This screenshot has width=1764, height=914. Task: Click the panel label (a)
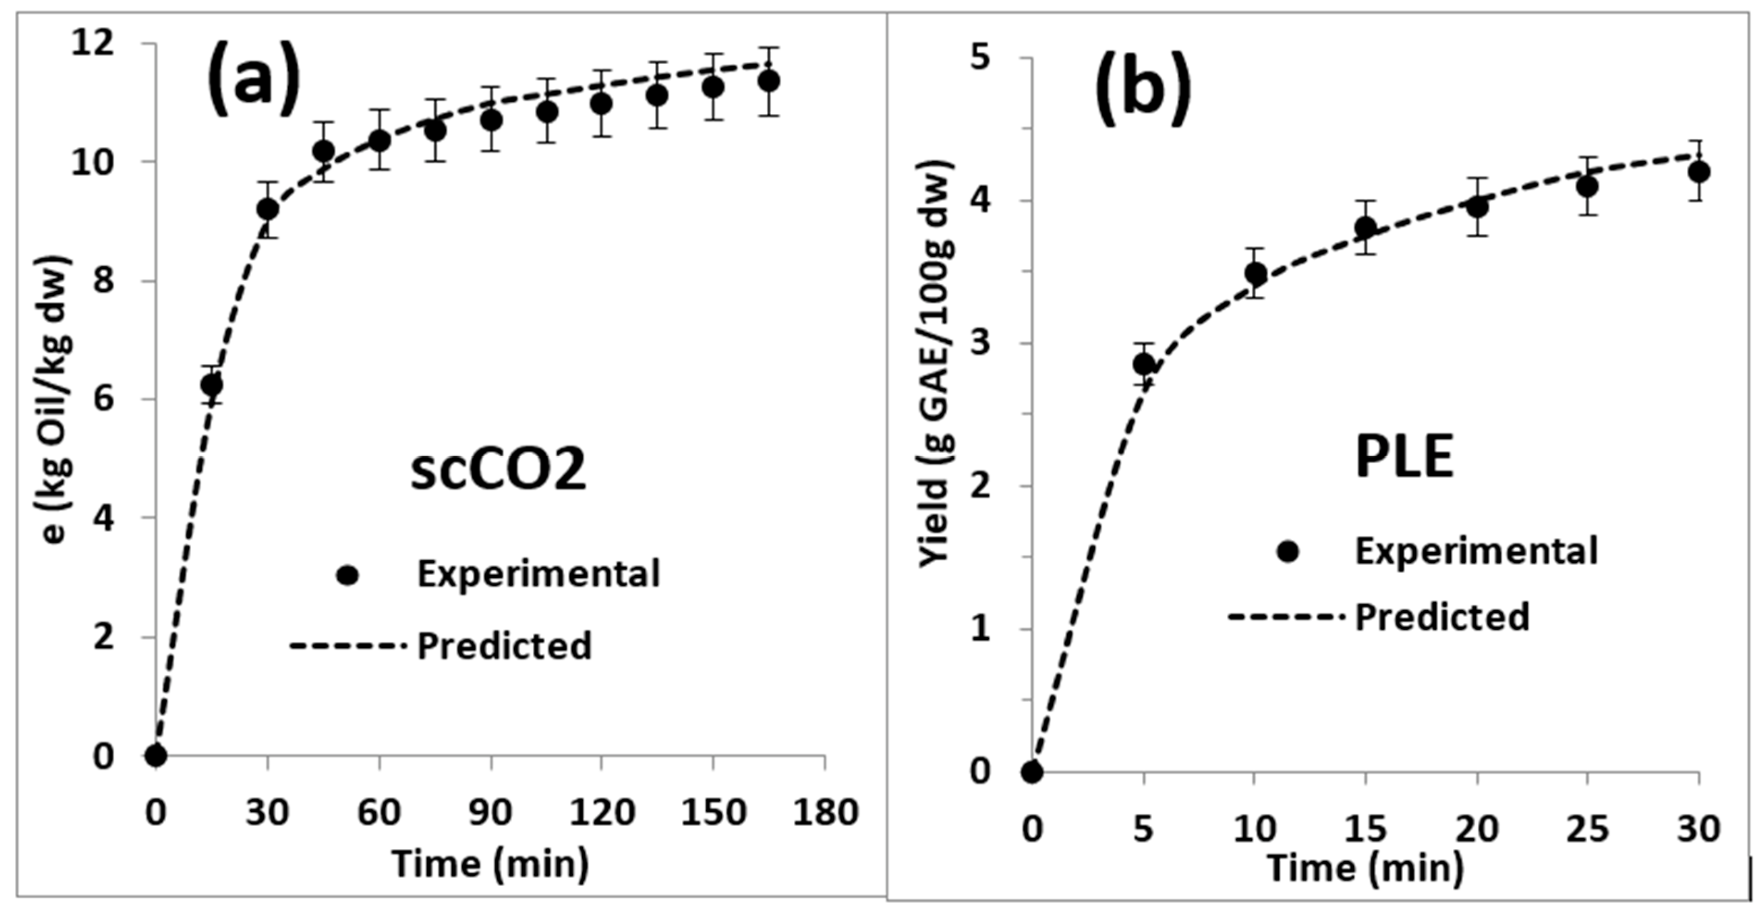click(254, 77)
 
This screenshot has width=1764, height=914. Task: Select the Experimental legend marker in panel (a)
click(348, 575)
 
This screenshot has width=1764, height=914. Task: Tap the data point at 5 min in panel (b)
click(1143, 363)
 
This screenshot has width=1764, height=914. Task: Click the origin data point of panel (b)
click(1032, 772)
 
